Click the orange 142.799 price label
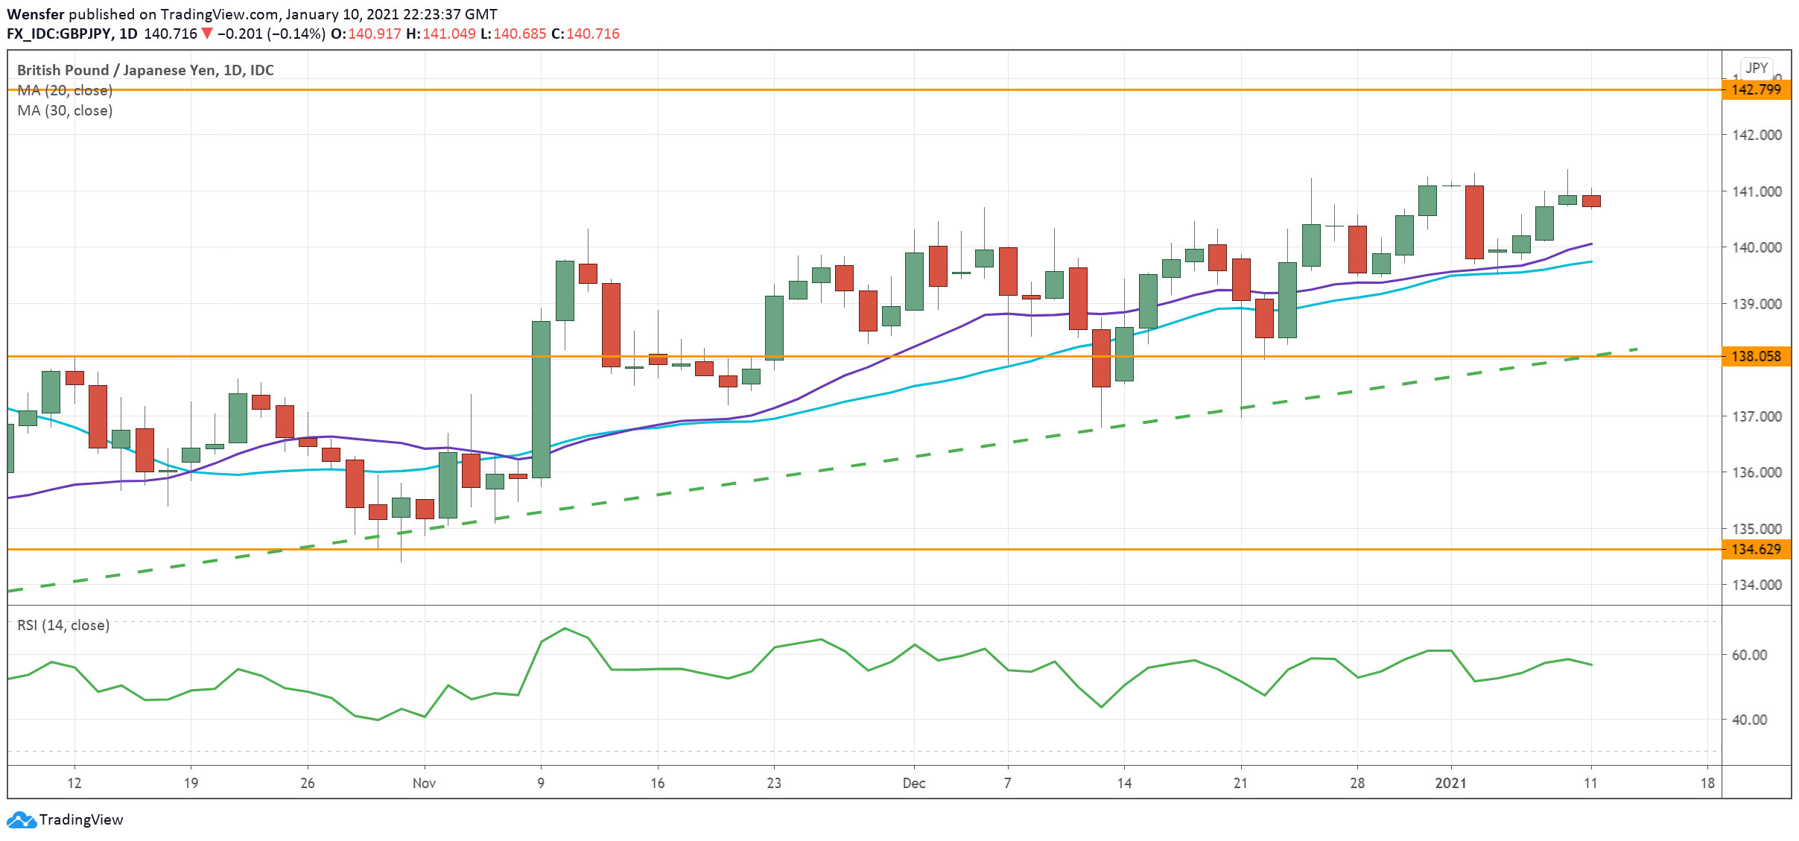point(1756,89)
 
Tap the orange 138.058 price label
point(1756,356)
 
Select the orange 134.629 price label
point(1756,549)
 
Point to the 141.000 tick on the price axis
point(1757,191)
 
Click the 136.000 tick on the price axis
point(1757,472)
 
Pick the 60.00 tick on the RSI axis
point(1749,655)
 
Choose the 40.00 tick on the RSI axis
point(1749,720)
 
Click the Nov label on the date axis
point(424,783)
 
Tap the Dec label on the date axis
point(914,783)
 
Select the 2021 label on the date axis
point(1451,783)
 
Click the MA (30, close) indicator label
point(65,110)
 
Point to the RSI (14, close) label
point(63,625)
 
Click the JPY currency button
point(1757,68)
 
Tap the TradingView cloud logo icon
point(21,819)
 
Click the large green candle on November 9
point(541,399)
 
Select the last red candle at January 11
point(1591,201)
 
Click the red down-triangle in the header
point(207,34)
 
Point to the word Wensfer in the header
point(36,14)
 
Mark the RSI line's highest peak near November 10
point(565,628)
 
